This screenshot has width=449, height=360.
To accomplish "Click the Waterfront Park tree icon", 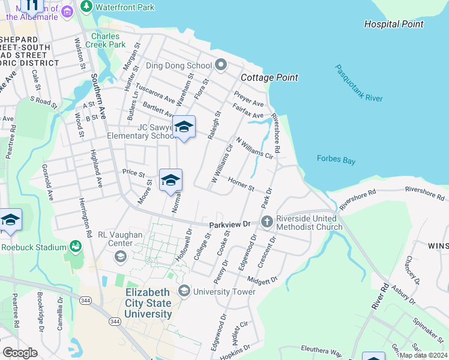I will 87,7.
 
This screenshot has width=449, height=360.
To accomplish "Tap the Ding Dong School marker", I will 220,65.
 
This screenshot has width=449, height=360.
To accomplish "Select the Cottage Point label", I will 270,78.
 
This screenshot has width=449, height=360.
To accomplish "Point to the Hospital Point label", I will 394,25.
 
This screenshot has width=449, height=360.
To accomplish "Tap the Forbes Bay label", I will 336,159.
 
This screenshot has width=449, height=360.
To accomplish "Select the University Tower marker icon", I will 184,292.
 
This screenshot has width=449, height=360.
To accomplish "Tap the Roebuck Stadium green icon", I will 76,247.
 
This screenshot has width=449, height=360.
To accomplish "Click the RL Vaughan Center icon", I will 121,257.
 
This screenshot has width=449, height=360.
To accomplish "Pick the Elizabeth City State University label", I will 148,303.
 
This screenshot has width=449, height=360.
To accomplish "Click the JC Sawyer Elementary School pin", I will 184,127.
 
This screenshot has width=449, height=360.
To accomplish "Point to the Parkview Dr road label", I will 229,224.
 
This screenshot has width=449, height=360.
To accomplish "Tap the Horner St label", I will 241,183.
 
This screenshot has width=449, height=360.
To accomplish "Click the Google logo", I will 20,353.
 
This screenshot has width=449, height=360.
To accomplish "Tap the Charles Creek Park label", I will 109,40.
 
